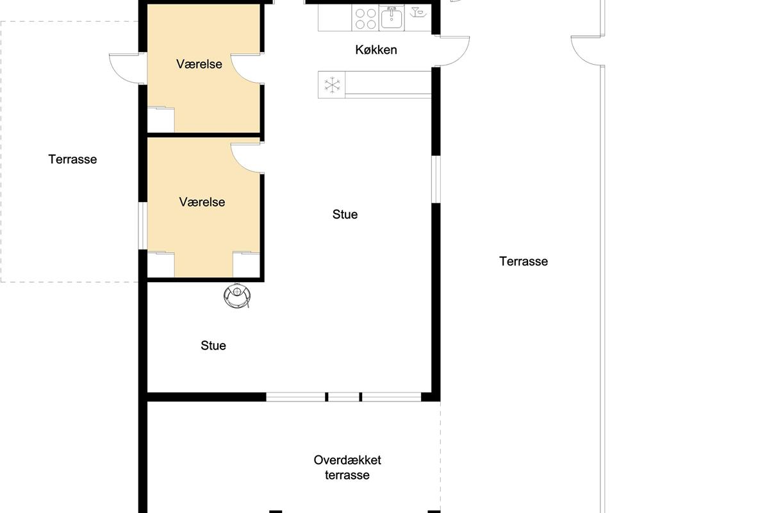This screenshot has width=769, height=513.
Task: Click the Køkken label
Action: tap(376, 50)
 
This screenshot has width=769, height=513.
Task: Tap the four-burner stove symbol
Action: tap(365, 18)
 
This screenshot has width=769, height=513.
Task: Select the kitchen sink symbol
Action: tap(392, 18)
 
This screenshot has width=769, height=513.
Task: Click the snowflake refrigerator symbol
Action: tap(332, 85)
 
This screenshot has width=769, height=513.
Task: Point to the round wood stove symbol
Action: tap(237, 296)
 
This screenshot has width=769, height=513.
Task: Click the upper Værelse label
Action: tap(199, 64)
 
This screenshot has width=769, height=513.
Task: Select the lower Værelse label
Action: tap(202, 202)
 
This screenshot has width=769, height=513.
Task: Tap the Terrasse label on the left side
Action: tap(72, 160)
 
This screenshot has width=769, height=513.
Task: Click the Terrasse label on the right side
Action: tap(523, 262)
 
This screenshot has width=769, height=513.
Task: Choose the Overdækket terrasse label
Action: tap(347, 467)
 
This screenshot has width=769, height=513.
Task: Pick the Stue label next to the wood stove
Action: tap(213, 346)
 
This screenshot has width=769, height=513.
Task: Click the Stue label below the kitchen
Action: tap(345, 214)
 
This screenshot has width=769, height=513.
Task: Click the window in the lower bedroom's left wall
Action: tap(143, 226)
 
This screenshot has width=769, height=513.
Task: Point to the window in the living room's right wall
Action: tap(436, 180)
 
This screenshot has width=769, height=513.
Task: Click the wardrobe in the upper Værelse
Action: tap(161, 120)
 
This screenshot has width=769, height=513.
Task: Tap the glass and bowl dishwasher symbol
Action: tap(418, 12)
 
